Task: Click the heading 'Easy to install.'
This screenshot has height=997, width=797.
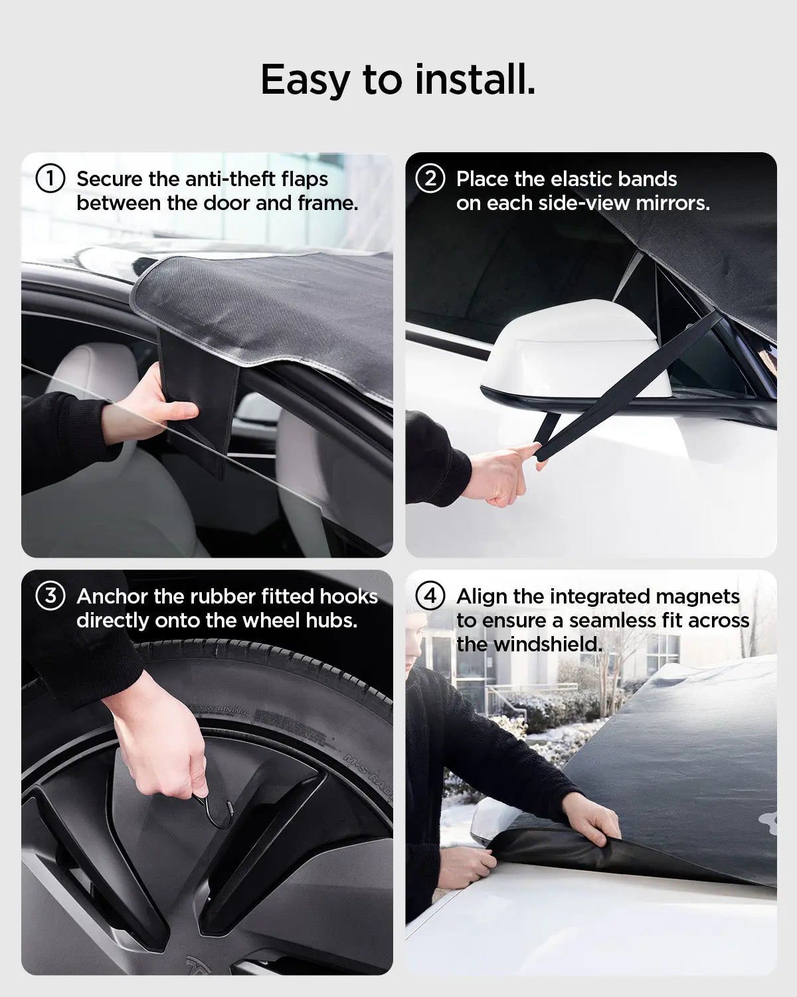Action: pos(398,80)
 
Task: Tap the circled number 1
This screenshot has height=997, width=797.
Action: pos(50,179)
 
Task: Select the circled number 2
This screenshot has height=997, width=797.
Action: pos(430,179)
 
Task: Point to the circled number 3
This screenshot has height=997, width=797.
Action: pos(50,596)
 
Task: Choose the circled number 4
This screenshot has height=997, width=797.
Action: pos(430,596)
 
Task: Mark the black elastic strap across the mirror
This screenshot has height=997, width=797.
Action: pos(631,386)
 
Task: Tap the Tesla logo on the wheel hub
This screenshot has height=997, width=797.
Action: pos(199,967)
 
